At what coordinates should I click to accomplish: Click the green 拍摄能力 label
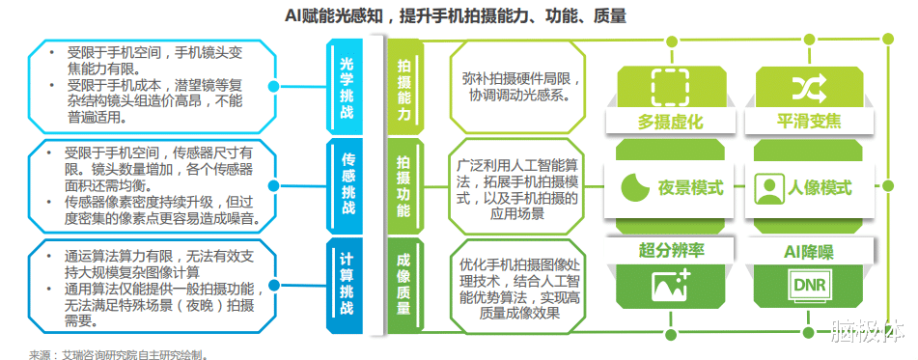click(x=403, y=87)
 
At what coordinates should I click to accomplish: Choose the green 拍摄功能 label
click(x=403, y=185)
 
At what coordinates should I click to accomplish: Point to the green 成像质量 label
click(x=403, y=282)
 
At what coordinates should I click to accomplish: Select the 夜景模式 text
click(x=690, y=187)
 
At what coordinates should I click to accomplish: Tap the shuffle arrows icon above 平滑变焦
click(x=808, y=87)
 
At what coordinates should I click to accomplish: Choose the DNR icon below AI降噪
click(x=808, y=286)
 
